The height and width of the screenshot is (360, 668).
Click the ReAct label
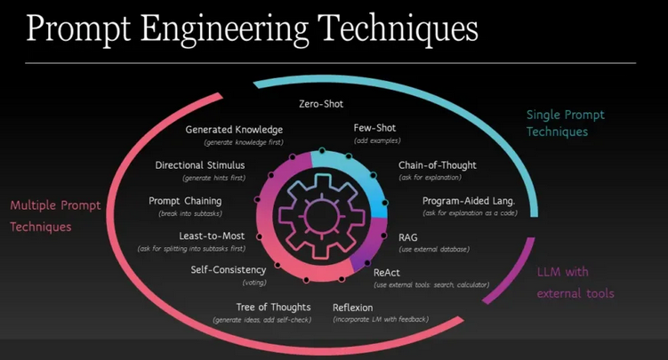pyautogui.click(x=387, y=271)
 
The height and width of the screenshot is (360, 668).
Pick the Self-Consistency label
pyautogui.click(x=229, y=269)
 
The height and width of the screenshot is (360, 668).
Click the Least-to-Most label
pyautogui.click(x=207, y=236)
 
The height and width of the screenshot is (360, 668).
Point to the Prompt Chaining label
pyautogui.click(x=185, y=201)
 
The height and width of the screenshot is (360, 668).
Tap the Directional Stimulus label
pyautogui.click(x=200, y=164)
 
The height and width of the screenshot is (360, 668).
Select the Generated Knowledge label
pyautogui.click(x=234, y=129)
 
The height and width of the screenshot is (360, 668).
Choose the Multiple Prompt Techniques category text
pyautogui.click(x=55, y=216)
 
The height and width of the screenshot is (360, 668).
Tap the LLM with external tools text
pyautogui.click(x=575, y=282)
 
